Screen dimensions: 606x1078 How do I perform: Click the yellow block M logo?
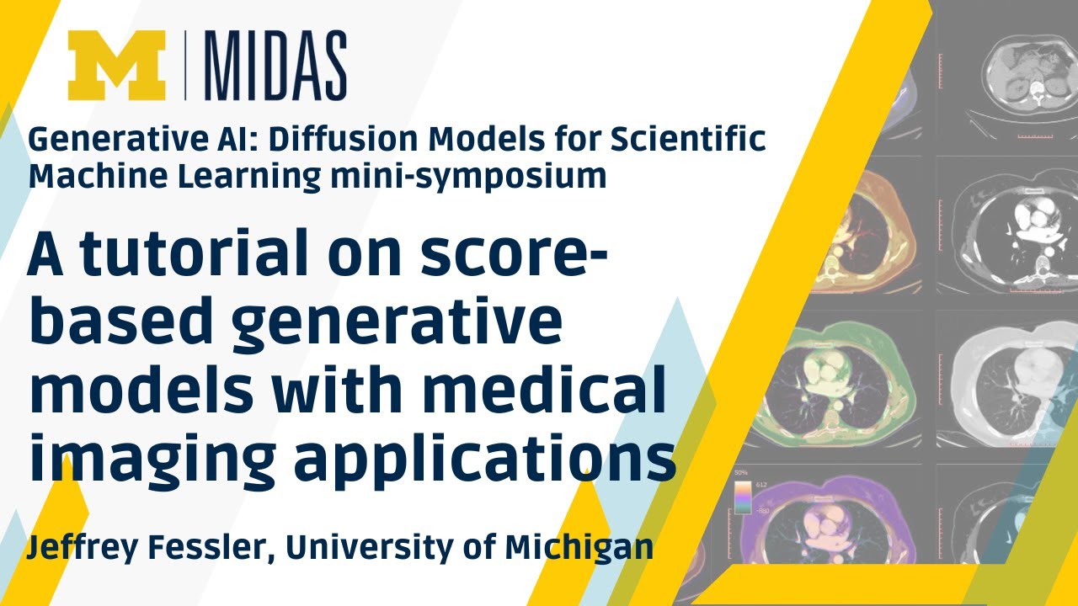coord(117,66)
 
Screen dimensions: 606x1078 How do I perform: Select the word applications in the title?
coord(488,461)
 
